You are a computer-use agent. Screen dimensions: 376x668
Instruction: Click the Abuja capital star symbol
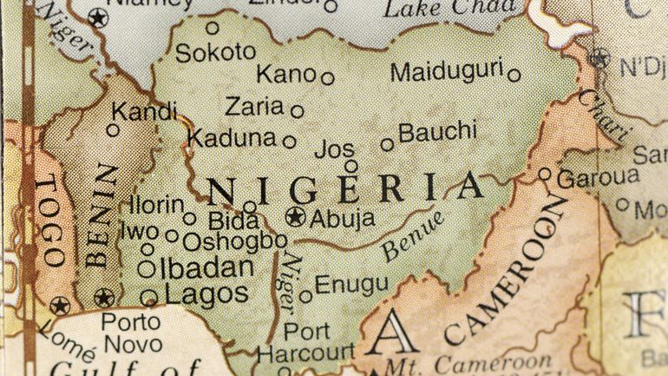coord(297,217)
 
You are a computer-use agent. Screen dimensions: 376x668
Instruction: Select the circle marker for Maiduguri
coord(514,76)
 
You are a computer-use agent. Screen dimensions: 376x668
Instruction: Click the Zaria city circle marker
coord(297,111)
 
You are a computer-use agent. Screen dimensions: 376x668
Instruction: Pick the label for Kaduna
coord(232,137)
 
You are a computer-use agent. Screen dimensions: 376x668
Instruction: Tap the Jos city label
coord(334,148)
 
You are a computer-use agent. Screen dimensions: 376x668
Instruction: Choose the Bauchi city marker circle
coord(387,145)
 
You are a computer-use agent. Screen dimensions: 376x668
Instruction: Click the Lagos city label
coord(206,294)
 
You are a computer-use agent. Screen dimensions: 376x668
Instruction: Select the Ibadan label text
coord(206,267)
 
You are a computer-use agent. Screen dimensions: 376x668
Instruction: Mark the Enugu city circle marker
coord(305,296)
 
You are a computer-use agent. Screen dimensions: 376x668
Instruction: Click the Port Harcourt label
coord(306,342)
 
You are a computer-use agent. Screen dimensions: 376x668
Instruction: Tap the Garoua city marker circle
coord(544,174)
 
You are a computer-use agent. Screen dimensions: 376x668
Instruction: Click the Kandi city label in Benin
coord(144,111)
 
